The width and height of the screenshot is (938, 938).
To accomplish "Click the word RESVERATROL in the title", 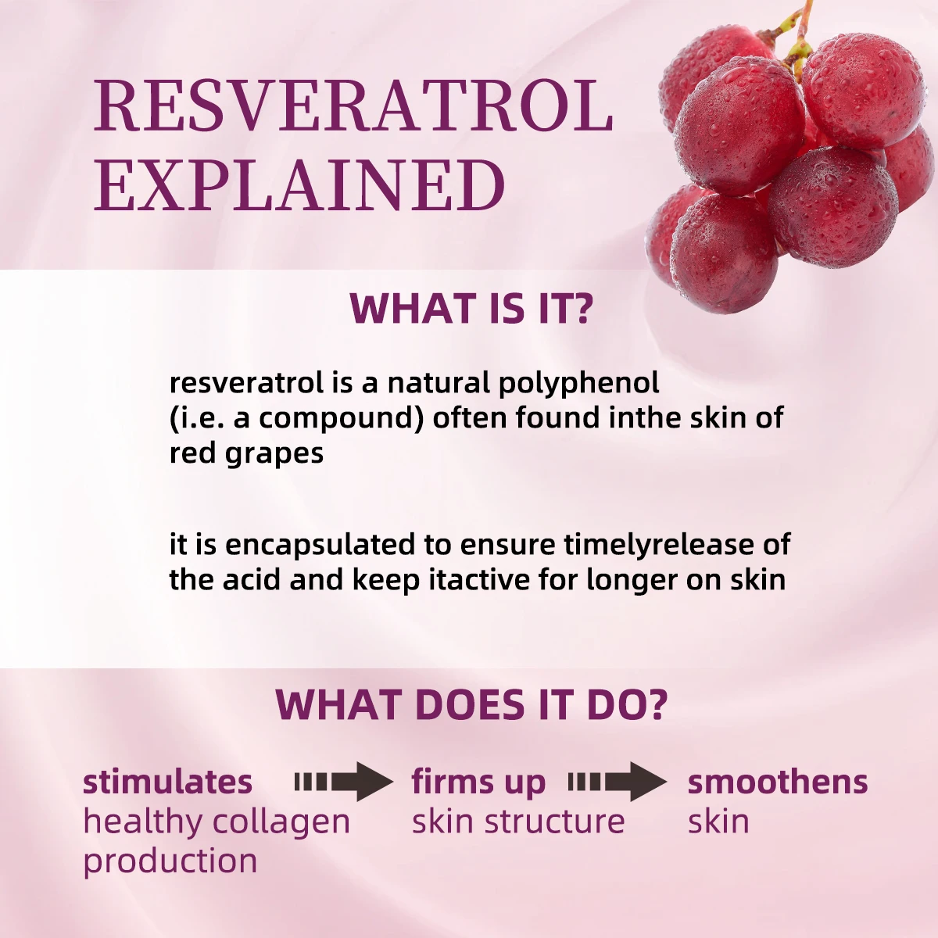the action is click(x=353, y=106).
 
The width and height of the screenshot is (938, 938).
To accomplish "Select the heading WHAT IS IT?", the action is click(x=471, y=309).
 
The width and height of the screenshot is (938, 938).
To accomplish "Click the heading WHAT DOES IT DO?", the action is click(x=471, y=704).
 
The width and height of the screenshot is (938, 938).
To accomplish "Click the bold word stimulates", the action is click(x=168, y=782).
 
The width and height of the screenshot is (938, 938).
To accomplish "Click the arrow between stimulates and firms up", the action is click(x=344, y=782).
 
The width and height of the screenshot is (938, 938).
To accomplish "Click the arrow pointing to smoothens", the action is click(x=618, y=782).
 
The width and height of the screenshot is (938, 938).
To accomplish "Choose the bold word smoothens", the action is click(x=777, y=782).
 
